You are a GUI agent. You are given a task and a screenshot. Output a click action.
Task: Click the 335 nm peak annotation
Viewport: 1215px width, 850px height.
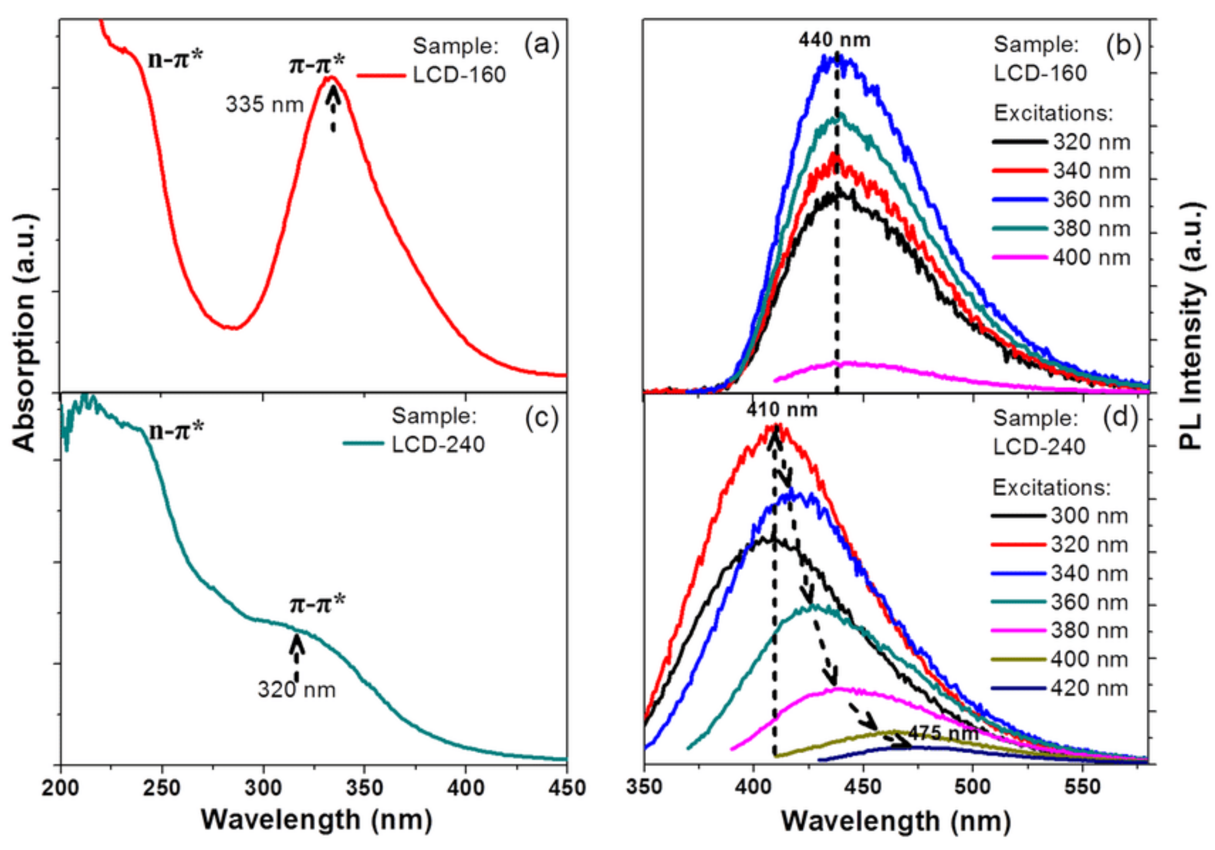point(264,105)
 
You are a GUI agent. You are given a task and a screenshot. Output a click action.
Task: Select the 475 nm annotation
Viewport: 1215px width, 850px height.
point(943,733)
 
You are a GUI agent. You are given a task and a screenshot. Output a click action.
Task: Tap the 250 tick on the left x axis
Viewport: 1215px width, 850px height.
point(162,788)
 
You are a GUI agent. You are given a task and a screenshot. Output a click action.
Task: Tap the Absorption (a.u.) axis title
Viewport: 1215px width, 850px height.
point(25,333)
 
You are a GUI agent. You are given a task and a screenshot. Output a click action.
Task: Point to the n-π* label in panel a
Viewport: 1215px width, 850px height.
point(176,60)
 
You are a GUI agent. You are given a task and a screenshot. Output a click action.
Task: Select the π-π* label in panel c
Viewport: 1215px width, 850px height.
point(316,604)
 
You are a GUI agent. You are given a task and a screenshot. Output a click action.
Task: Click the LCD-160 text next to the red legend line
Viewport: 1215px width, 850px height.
point(459,75)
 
